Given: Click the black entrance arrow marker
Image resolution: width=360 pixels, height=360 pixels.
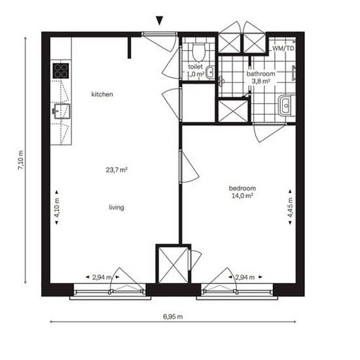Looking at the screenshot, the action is click(x=159, y=20).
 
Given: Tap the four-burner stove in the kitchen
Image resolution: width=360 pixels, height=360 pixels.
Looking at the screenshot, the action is click(x=61, y=71).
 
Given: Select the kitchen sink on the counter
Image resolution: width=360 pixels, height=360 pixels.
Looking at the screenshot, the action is click(x=61, y=111).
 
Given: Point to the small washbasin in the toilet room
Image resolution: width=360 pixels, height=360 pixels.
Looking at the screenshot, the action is click(x=210, y=72).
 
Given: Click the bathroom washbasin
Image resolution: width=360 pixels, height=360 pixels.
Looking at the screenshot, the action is click(x=285, y=106).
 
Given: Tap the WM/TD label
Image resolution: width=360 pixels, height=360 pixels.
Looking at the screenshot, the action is click(x=283, y=48).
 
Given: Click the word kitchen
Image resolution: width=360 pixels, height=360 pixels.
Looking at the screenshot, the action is click(x=102, y=94).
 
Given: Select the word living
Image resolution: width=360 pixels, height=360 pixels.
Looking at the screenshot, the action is click(x=117, y=207).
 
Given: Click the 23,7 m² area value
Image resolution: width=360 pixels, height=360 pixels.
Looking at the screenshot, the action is click(x=117, y=170).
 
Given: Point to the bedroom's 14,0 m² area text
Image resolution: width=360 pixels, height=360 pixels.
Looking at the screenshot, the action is click(x=242, y=196).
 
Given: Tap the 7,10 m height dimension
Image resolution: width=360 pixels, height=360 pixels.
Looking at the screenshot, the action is click(x=21, y=160).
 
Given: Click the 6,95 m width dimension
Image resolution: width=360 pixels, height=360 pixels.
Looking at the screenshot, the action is click(x=173, y=317).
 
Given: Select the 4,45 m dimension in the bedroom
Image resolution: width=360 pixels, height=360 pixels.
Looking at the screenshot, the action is click(x=290, y=207).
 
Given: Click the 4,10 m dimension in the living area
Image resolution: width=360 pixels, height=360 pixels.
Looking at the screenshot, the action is click(x=57, y=207).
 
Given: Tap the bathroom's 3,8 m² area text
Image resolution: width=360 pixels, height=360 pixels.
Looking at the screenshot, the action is click(x=261, y=81).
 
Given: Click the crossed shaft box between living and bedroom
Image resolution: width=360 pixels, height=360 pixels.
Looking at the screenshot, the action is click(x=173, y=264).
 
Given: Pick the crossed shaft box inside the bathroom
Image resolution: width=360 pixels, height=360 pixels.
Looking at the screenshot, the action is click(x=233, y=111).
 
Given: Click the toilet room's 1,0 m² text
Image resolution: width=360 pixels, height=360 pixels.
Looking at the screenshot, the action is click(x=195, y=74).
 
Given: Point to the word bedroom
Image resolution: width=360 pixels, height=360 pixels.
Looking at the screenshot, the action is click(x=242, y=189).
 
